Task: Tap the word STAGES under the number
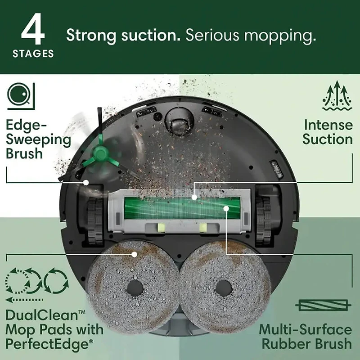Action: [33, 54]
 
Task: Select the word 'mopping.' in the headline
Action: [280, 36]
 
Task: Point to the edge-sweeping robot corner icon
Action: [21, 96]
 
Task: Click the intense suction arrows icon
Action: [337, 96]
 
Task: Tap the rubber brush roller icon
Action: [323, 306]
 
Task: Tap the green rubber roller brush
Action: [182, 208]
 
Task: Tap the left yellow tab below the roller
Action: [161, 228]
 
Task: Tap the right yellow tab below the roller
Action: [203, 228]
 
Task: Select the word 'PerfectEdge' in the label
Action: [48, 344]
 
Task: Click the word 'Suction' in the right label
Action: [328, 139]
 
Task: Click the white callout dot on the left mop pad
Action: [135, 254]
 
